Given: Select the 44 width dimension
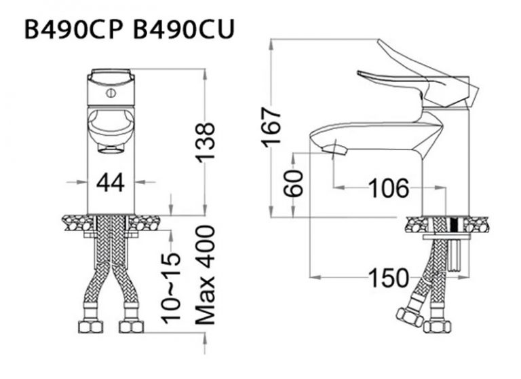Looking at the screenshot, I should click(111, 182).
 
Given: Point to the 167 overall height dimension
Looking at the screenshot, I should click(271, 127).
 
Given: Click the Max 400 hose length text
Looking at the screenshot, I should click(206, 275).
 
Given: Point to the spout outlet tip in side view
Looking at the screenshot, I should click(336, 149).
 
